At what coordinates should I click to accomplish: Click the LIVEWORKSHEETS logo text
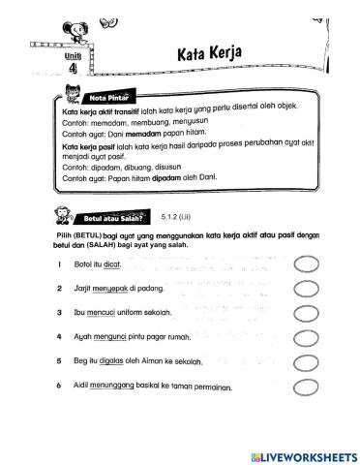pos(302,455)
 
